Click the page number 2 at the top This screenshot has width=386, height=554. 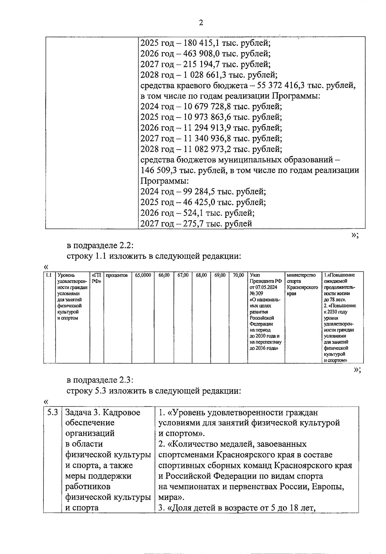coord(201,23)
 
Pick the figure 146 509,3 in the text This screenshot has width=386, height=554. coord(160,170)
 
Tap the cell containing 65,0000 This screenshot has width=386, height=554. coord(143,275)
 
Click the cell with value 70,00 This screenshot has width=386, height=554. coord(238,275)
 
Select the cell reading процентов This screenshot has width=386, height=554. coord(117,275)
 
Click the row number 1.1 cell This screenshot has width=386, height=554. coord(49,275)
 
